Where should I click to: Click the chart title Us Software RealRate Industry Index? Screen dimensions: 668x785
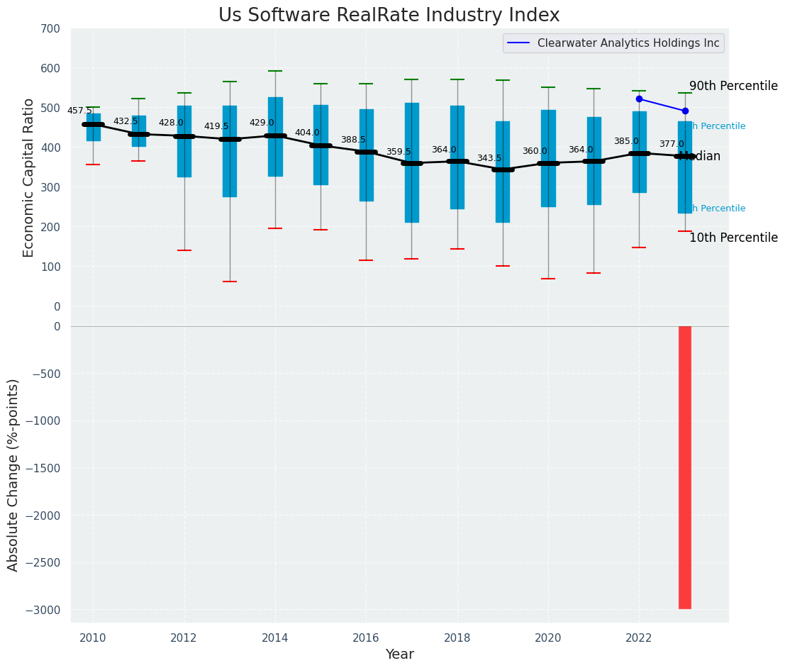[389, 16]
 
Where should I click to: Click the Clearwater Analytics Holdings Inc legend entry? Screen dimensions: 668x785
[628, 43]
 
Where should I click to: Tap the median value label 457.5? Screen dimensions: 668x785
[79, 111]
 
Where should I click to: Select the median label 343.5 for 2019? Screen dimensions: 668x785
[489, 158]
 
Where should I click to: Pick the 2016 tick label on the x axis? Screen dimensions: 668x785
[366, 638]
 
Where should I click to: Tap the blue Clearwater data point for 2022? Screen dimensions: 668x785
[639, 99]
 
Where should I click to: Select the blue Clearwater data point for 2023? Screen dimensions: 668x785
[685, 111]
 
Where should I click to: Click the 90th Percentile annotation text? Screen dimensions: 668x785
[733, 86]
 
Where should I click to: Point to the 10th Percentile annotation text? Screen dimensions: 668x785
[733, 238]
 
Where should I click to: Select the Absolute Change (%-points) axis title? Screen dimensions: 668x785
[13, 474]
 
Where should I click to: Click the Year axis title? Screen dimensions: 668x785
[399, 655]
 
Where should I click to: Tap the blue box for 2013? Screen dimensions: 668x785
[230, 170]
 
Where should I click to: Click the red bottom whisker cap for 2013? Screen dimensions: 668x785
[230, 282]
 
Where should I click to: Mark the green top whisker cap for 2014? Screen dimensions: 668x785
[275, 71]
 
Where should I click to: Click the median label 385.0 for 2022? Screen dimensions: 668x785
[626, 141]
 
